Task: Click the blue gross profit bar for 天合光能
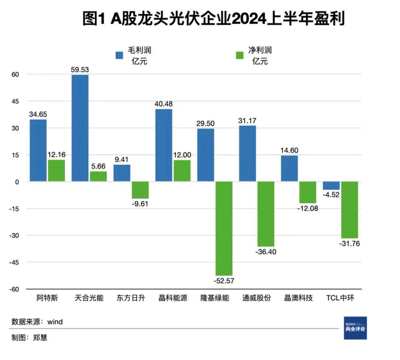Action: click(80, 128)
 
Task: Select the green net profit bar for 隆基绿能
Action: click(224, 229)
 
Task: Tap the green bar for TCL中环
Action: click(350, 210)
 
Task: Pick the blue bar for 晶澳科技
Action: click(289, 169)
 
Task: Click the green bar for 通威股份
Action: click(266, 214)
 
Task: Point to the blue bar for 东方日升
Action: click(122, 173)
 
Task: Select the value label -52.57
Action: click(224, 281)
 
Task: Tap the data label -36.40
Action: click(266, 251)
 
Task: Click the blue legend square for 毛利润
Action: click(119, 55)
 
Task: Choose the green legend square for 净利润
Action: click(240, 55)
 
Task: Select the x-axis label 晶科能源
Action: click(164, 298)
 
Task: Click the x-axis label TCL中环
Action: click(341, 298)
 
